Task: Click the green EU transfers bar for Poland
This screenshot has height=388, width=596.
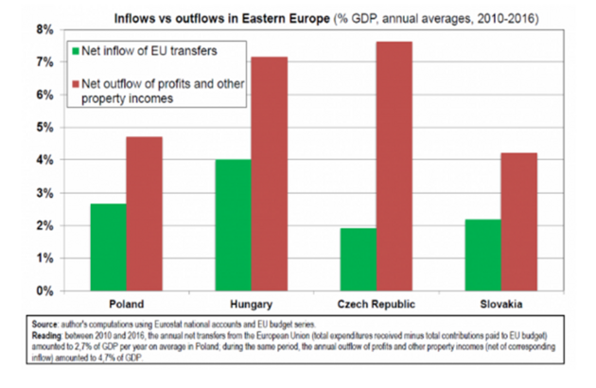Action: coord(109,247)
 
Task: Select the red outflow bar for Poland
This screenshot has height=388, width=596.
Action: coord(145,214)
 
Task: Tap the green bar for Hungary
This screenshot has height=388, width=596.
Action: coord(234,225)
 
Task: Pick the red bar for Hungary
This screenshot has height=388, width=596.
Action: coord(270,174)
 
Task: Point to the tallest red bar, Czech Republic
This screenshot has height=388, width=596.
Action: coord(394,166)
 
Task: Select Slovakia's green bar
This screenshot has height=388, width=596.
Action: coord(483,255)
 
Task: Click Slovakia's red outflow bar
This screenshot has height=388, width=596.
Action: coord(519,221)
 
